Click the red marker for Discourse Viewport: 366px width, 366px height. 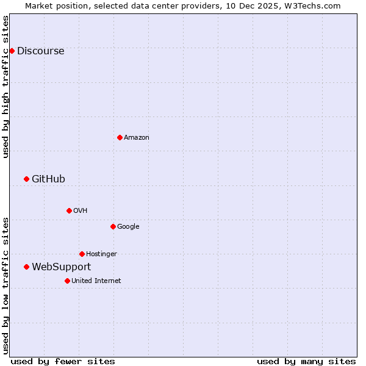pos(12,51)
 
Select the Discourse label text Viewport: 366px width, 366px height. pos(40,51)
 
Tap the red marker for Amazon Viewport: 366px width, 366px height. pos(120,137)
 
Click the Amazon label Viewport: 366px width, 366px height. pos(136,138)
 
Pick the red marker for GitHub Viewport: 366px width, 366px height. pos(26,179)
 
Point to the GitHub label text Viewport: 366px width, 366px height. pos(48,179)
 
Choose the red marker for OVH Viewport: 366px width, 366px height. pos(69,210)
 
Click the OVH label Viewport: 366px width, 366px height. pos(80,211)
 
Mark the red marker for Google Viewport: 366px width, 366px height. pos(113,226)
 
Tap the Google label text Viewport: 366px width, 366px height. pos(128,227)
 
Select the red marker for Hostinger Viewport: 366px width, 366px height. pos(82,254)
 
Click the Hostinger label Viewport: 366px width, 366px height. pos(101,254)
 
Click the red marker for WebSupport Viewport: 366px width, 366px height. pos(26,267)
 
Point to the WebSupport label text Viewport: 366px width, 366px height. pos(61,267)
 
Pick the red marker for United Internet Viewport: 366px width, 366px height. pos(67,281)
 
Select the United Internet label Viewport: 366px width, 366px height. pos(96,281)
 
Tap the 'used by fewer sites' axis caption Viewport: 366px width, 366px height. pos(63,361)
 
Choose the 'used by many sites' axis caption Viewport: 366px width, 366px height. pos(306,361)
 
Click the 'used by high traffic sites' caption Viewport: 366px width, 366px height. pos(6,87)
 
